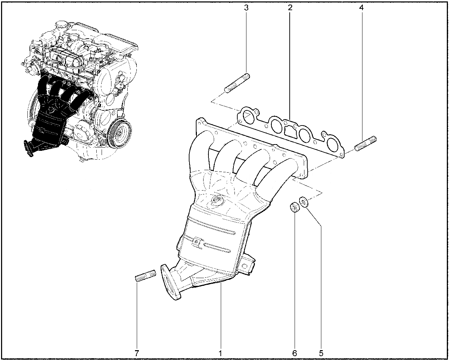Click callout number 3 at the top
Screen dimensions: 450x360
(x=246, y=8)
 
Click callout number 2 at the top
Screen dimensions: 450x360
(x=290, y=8)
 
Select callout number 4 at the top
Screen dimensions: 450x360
(x=361, y=8)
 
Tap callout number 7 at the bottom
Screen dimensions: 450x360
(x=136, y=353)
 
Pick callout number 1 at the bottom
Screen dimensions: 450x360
(x=220, y=353)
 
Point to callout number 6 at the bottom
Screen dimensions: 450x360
(x=294, y=353)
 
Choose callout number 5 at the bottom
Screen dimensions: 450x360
(x=321, y=353)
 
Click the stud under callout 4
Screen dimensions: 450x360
(x=365, y=143)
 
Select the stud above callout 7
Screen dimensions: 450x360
(x=146, y=276)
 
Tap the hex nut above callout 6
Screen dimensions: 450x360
(x=295, y=207)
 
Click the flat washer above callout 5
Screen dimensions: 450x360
(x=304, y=202)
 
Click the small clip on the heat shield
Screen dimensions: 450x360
(x=197, y=243)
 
